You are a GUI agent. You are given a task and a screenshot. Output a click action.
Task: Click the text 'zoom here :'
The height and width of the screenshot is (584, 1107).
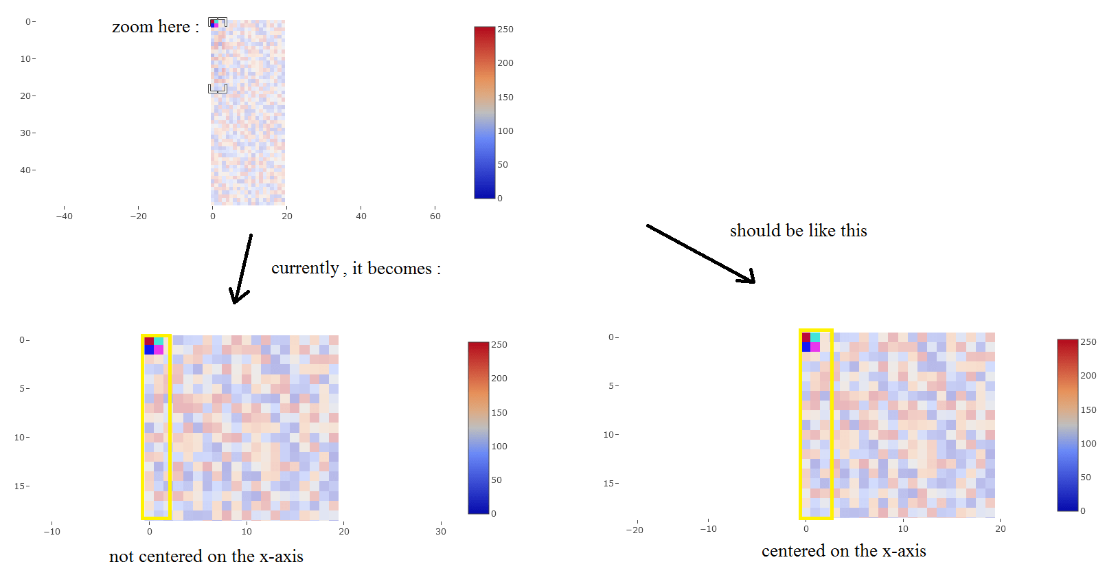coord(155,27)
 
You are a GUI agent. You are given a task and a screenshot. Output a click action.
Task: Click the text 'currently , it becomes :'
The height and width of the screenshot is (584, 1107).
coord(356,268)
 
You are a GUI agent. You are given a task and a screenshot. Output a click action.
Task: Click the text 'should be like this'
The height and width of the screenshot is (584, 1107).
coord(798,231)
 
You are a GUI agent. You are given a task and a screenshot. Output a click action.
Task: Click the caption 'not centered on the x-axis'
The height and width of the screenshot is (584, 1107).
coord(206,557)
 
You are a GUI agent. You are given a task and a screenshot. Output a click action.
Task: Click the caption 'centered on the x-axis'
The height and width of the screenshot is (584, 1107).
coord(843,551)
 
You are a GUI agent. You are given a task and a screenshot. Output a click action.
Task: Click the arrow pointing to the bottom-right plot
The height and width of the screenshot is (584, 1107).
coord(700,254)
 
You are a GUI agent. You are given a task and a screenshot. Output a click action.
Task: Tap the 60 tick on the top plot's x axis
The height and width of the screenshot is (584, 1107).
coord(435,216)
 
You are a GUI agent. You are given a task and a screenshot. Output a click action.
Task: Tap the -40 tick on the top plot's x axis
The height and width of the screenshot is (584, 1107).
coord(64,216)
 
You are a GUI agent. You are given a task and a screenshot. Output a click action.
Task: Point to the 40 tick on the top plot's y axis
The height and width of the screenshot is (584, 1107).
coord(26,170)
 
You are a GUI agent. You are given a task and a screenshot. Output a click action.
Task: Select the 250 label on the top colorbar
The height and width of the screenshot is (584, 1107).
coord(505,30)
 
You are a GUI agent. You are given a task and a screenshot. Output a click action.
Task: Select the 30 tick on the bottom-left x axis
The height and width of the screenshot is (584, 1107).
coord(441,531)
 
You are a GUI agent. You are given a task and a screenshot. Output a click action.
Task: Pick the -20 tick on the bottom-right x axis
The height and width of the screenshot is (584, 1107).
coord(635,530)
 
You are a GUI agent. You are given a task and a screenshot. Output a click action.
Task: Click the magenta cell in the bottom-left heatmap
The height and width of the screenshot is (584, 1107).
coord(159,350)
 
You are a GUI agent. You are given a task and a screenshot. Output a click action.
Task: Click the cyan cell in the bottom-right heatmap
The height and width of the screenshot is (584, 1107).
coord(815,337)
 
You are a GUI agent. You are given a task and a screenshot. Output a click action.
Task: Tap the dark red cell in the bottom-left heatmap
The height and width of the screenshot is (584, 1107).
coord(149,341)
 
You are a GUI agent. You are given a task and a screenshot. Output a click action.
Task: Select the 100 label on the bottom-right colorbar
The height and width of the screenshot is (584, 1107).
coord(1088,443)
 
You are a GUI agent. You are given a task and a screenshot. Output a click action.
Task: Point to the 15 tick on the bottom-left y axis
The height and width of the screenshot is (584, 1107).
coord(21,486)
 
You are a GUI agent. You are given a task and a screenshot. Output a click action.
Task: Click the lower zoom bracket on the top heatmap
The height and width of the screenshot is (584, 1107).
coord(218,89)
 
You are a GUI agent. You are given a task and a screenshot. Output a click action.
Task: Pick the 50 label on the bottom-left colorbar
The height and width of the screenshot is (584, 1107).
coord(497,480)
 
